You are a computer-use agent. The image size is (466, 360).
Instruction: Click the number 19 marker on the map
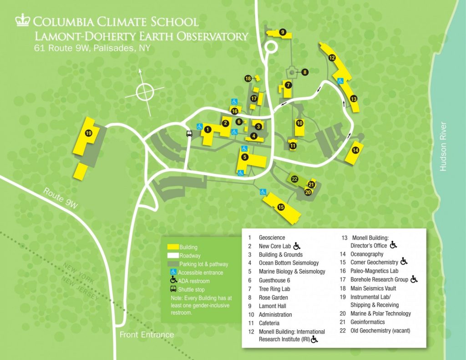(x=88, y=133)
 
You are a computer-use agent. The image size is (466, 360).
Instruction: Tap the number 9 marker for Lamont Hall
(x=283, y=32)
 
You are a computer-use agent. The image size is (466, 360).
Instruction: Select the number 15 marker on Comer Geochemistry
(x=281, y=207)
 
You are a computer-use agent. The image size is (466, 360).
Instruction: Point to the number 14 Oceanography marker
(x=355, y=150)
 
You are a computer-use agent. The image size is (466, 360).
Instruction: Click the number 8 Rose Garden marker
(x=304, y=71)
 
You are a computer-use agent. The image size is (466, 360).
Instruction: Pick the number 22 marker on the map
(x=294, y=179)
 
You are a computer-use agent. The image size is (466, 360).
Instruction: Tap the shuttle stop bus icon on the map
(x=189, y=134)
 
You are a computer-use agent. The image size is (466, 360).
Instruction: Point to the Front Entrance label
(x=147, y=335)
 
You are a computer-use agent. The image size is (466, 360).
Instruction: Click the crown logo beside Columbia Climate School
(x=22, y=20)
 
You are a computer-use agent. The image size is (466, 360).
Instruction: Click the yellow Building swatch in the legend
(x=172, y=247)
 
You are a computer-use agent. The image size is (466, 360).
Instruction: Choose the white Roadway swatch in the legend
(x=172, y=256)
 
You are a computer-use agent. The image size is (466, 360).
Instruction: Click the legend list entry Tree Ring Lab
(x=275, y=289)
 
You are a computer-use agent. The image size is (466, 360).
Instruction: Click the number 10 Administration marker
(x=299, y=123)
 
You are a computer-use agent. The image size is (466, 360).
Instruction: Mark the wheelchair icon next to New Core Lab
(x=297, y=246)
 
